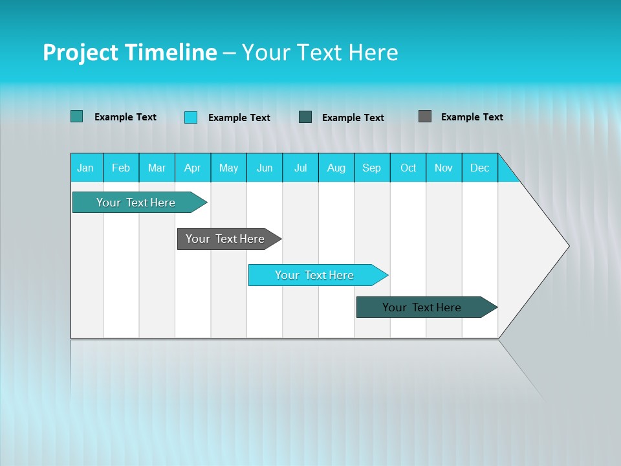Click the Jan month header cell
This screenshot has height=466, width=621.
click(x=85, y=168)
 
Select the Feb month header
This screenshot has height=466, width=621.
click(x=121, y=168)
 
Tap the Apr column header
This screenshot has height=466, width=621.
click(x=193, y=168)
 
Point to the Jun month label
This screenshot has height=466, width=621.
click(x=265, y=168)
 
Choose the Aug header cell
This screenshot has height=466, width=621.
click(x=336, y=168)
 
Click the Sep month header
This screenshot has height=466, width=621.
click(x=372, y=168)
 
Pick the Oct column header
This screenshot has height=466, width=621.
click(x=408, y=168)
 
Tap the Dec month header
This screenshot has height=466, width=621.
click(x=480, y=168)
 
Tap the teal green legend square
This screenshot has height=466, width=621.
click(x=76, y=116)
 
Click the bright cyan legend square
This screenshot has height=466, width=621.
click(x=190, y=117)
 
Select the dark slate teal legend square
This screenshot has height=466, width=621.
click(x=305, y=116)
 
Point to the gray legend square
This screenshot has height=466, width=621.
click(x=425, y=116)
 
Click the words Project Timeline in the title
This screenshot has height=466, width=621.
click(x=129, y=52)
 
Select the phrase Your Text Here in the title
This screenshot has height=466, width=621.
click(x=320, y=52)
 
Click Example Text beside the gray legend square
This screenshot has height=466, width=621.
click(x=472, y=117)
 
